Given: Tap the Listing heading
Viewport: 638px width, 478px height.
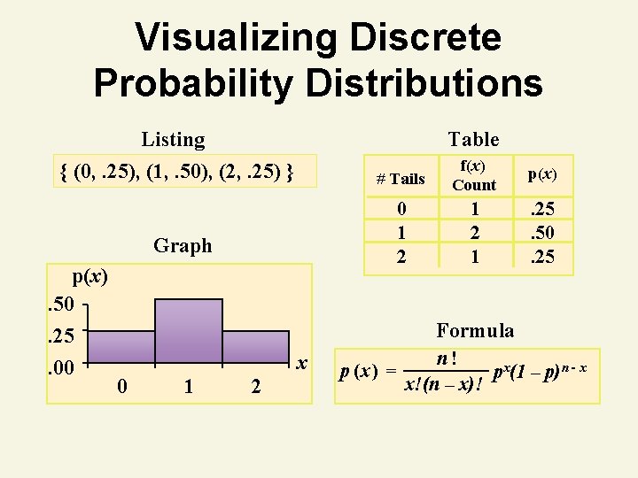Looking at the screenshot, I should (173, 139).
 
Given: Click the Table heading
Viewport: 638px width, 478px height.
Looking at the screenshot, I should (473, 139).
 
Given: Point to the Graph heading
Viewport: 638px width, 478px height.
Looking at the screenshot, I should (183, 245).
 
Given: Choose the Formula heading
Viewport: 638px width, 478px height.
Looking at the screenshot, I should (475, 330).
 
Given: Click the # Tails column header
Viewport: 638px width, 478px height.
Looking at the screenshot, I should (401, 179).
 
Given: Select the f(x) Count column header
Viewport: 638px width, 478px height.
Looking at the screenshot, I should (474, 175).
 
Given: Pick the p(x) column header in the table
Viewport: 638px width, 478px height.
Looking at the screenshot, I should (542, 174).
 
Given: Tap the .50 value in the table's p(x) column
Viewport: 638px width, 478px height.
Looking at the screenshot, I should (542, 233).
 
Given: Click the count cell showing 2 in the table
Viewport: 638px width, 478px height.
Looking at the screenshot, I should (475, 233).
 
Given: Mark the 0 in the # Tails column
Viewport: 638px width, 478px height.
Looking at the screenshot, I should (401, 211).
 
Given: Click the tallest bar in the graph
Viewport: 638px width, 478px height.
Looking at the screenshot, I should (189, 331).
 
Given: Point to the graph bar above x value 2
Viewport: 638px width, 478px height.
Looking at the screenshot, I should (256, 347).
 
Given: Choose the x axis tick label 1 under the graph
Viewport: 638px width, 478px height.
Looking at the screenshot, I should (188, 386).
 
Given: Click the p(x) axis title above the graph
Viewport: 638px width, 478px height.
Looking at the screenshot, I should (90, 276).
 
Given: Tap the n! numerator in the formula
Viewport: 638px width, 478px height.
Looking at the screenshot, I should (447, 358).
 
